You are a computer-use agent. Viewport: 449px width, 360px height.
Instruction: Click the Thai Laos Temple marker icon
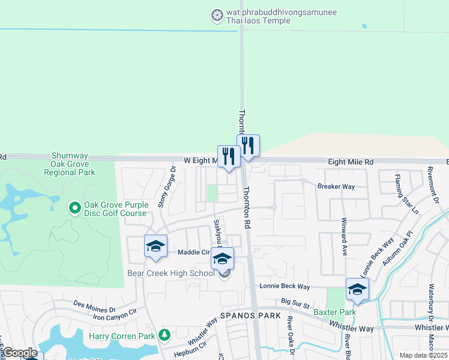pos(217,14)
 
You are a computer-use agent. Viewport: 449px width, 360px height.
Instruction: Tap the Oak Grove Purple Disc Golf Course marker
pos(75,208)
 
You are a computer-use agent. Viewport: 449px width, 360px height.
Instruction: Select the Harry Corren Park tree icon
pos(163,335)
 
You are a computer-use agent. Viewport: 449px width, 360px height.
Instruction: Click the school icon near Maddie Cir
pos(155,246)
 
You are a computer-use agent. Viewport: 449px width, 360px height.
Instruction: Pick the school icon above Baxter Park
pos(357,289)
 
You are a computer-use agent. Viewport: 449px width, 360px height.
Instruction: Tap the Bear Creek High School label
pos(170,273)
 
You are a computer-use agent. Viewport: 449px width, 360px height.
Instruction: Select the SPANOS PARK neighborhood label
pos(246,315)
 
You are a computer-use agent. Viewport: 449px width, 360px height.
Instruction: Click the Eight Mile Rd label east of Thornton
pos(351,162)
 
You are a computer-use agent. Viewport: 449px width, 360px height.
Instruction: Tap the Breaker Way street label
pos(336,187)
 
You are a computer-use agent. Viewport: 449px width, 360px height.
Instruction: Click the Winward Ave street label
pos(345,236)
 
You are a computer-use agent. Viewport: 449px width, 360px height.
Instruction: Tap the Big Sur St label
pos(295,305)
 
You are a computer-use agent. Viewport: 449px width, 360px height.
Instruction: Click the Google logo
pos(19,353)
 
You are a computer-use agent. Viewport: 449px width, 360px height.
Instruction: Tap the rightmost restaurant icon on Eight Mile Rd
pos(248,146)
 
